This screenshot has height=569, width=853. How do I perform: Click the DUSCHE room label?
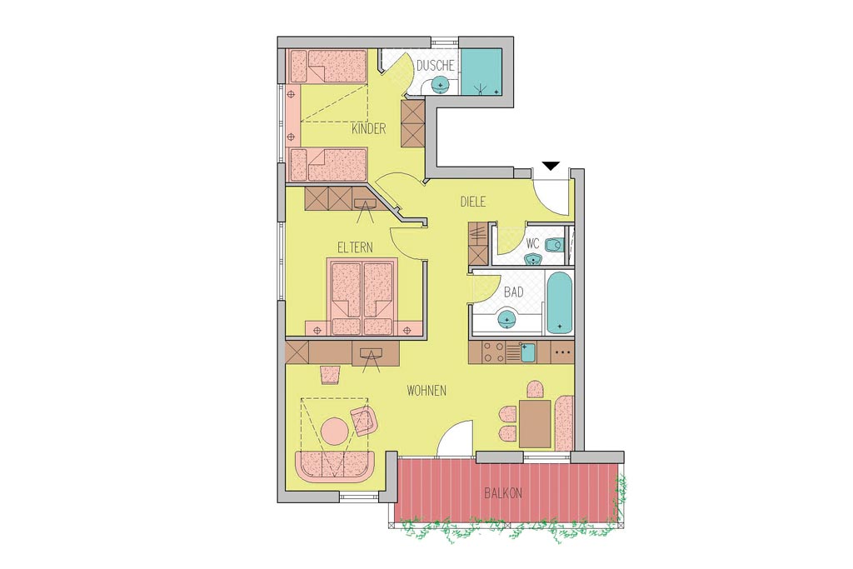click(x=435, y=66)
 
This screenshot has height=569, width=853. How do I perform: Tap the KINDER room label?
click(x=368, y=129)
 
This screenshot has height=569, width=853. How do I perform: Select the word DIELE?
click(x=473, y=202)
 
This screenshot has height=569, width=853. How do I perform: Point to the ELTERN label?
click(x=355, y=247)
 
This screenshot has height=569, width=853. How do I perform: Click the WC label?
click(x=532, y=243)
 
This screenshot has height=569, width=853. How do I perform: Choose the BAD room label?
click(x=513, y=292)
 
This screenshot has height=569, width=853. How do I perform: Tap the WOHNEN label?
click(x=426, y=391)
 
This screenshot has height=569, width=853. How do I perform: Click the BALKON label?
click(x=503, y=493)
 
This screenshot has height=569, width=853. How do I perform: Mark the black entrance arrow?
click(x=551, y=166)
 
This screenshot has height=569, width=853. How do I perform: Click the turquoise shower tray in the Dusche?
click(x=482, y=72)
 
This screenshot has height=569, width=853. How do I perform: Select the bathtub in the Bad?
click(x=559, y=303)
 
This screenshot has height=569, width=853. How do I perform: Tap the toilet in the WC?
click(x=554, y=246)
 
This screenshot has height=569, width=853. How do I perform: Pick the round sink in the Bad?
click(x=507, y=318)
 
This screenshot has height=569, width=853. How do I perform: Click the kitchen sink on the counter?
click(x=527, y=352)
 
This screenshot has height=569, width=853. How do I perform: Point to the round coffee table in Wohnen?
click(x=335, y=432)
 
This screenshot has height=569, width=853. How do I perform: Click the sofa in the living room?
click(x=335, y=466)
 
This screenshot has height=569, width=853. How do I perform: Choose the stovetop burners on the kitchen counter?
click(x=494, y=352)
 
